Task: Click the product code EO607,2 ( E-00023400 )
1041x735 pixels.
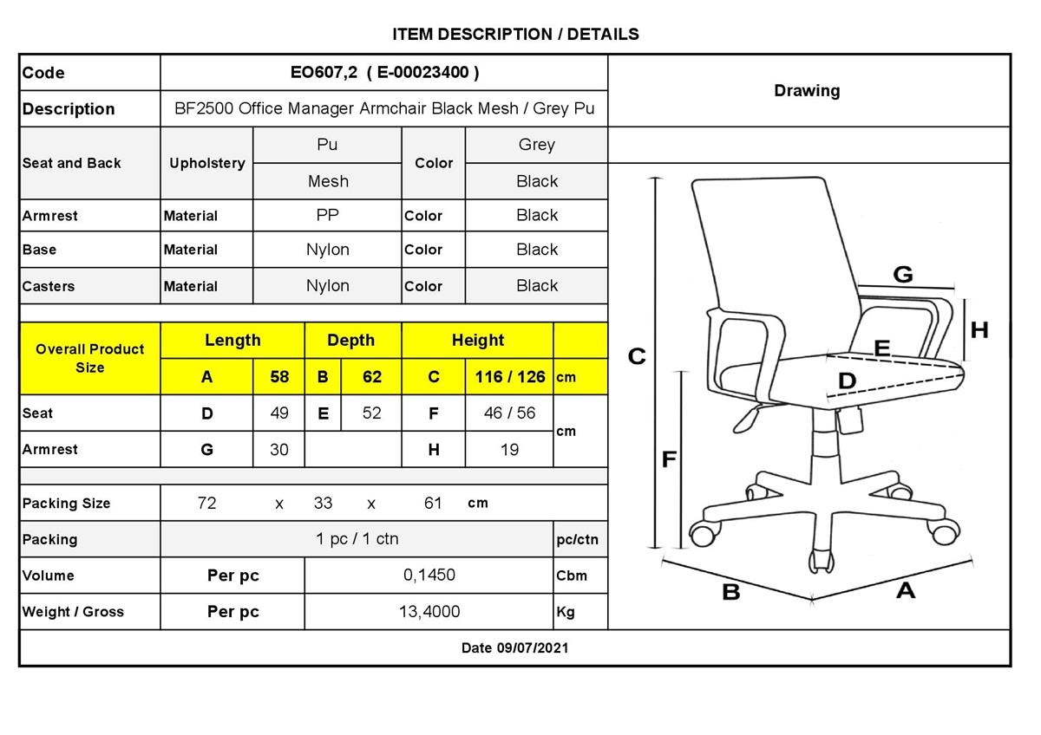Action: click(x=384, y=73)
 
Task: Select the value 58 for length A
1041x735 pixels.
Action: click(x=279, y=377)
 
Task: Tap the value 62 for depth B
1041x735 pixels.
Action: click(x=372, y=377)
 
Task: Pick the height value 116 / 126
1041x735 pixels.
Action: click(x=510, y=377)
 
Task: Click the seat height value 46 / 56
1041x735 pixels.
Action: click(x=510, y=413)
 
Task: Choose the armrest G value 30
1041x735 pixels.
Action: click(x=279, y=450)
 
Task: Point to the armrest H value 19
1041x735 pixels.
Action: click(x=510, y=450)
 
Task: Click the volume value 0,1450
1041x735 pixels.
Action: click(x=429, y=576)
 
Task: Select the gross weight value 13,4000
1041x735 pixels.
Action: click(x=429, y=612)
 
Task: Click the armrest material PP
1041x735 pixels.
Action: click(x=328, y=215)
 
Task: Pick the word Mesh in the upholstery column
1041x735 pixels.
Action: click(x=328, y=181)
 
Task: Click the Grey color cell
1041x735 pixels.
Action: click(x=537, y=145)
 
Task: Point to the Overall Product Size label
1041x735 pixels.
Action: click(x=90, y=358)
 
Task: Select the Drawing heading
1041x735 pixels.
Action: click(x=807, y=90)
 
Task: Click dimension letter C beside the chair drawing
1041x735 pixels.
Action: click(x=637, y=356)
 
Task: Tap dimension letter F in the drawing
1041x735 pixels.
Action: click(x=669, y=459)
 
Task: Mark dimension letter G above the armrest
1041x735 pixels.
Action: click(x=903, y=275)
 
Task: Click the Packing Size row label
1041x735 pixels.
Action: click(x=67, y=504)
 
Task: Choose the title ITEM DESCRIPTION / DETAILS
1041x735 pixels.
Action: click(x=515, y=35)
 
